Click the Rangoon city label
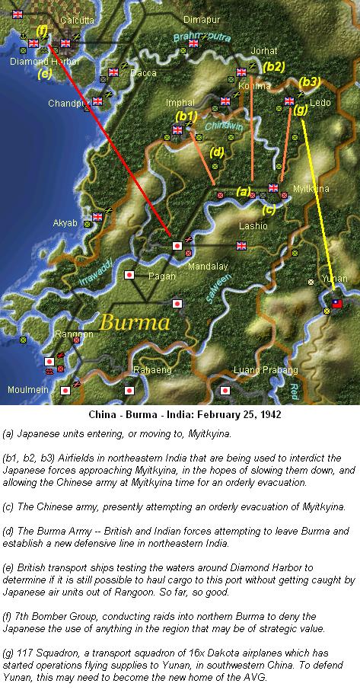[x=74, y=334]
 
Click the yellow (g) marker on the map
[x=301, y=109]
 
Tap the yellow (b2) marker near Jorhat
[x=274, y=67]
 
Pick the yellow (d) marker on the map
[x=217, y=152]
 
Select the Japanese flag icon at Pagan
[x=129, y=273]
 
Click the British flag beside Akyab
[x=97, y=217]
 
